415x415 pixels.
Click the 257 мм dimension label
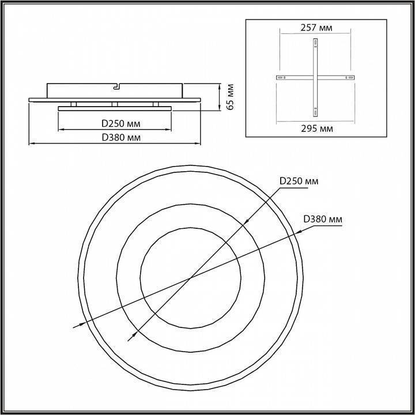316,28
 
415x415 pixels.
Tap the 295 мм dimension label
317,129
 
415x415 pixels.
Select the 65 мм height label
231,97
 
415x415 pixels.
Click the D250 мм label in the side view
121,123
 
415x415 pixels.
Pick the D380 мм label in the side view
121,138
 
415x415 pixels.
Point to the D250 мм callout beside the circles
299,181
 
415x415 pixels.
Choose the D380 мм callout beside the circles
323,219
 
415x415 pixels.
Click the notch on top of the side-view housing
116,86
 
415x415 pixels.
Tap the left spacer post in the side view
74,104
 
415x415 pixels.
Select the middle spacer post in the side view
115,104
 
